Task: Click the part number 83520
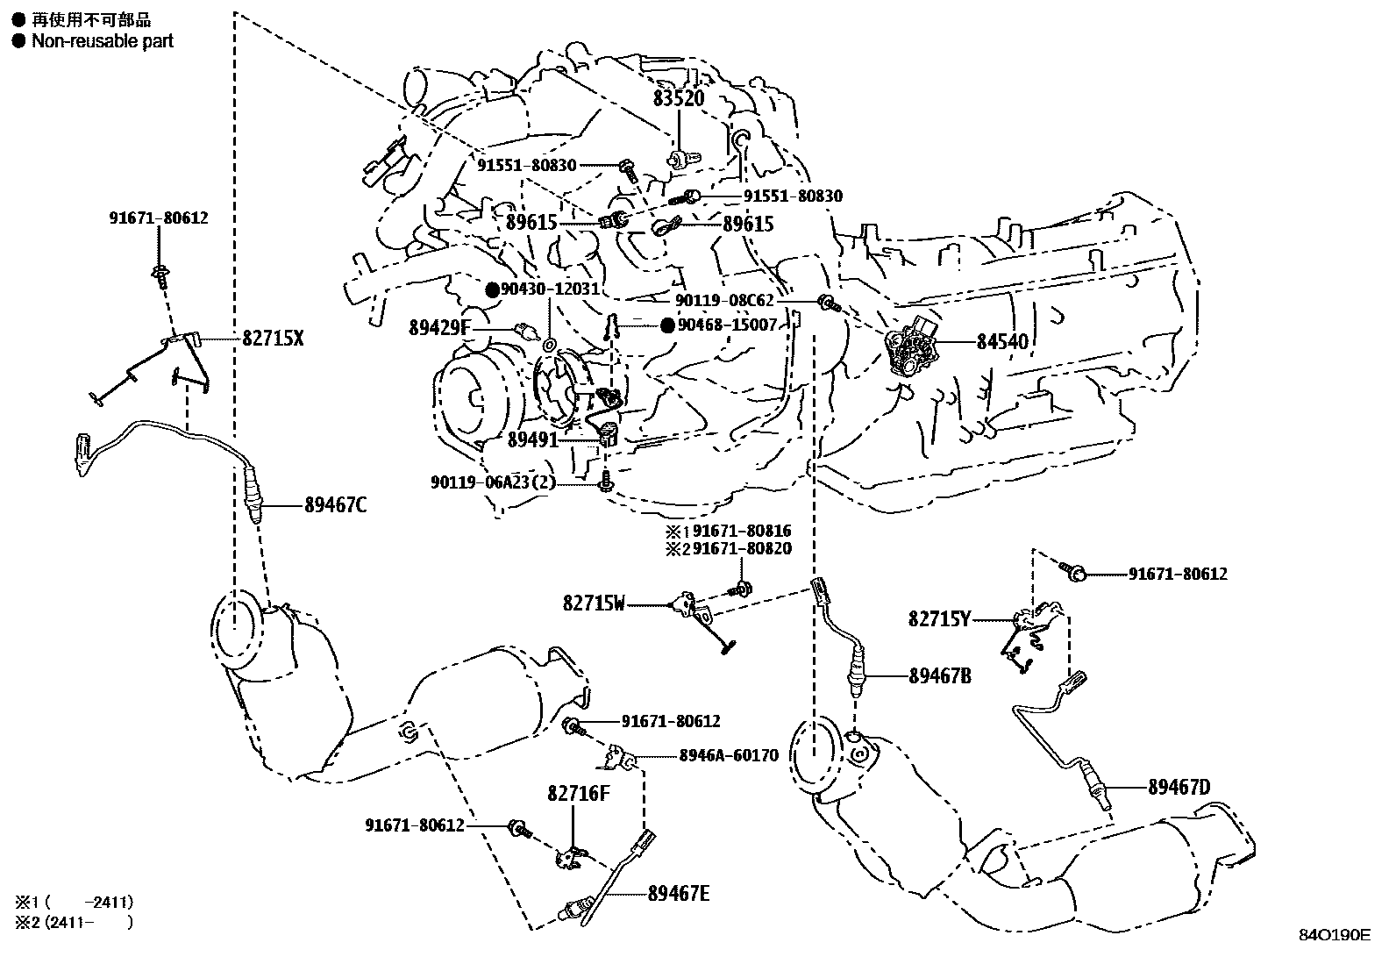[678, 99]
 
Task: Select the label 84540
[1002, 341]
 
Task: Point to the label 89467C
[336, 505]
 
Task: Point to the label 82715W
[595, 603]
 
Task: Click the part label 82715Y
[939, 620]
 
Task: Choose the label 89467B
[940, 676]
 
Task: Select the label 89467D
[1179, 788]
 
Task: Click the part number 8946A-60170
[728, 755]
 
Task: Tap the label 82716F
[578, 793]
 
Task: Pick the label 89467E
[679, 894]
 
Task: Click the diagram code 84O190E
[1334, 936]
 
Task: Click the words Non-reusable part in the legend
[103, 40]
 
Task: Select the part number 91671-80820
[742, 549]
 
